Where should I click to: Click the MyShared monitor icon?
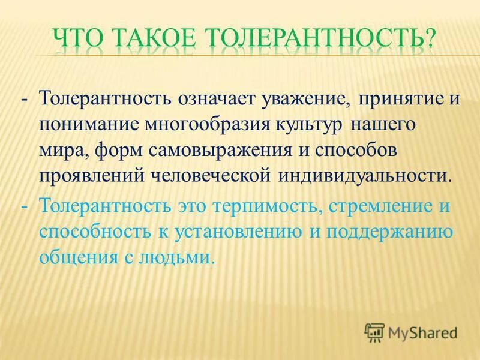374,331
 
